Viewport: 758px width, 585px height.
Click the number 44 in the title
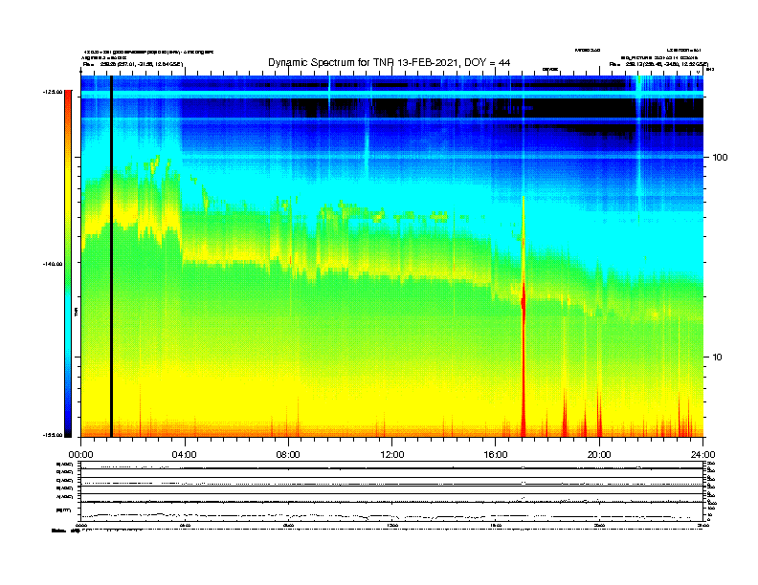click(503, 63)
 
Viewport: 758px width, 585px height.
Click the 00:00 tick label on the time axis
click(80, 455)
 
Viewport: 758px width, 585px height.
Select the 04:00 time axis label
click(184, 455)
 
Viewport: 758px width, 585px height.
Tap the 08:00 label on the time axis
click(288, 455)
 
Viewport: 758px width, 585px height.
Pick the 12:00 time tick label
click(391, 455)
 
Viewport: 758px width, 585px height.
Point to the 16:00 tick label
click(496, 455)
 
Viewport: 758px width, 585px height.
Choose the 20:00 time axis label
click(599, 455)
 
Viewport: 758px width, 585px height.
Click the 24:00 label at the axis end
click(702, 455)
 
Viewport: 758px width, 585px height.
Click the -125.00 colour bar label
click(52, 92)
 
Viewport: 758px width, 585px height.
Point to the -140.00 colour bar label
click(52, 264)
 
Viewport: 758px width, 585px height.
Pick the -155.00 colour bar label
click(52, 435)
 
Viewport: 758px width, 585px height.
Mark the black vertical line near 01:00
click(111, 258)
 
